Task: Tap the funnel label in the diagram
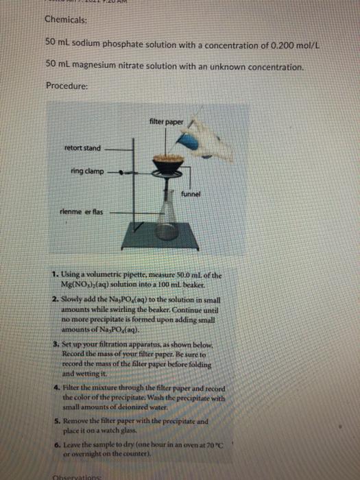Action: [x=191, y=194]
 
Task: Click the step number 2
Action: [x=54, y=299]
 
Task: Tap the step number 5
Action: [x=54, y=419]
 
